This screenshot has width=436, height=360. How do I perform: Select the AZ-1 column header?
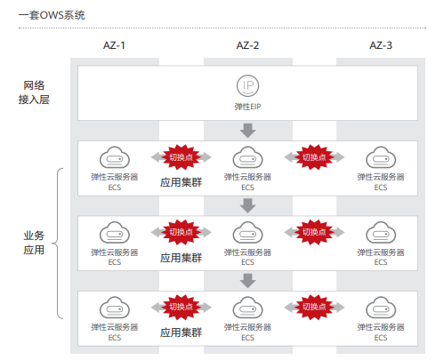click(114, 45)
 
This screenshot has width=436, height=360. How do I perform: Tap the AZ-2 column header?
click(247, 45)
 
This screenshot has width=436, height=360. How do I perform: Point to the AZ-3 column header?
click(380, 45)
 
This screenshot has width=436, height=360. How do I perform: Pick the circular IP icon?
click(247, 86)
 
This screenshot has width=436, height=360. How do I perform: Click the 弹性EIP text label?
click(247, 108)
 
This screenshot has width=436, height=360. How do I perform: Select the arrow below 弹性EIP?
click(247, 131)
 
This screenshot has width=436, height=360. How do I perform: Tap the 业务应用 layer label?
click(35, 242)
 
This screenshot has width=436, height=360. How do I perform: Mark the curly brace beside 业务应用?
click(61, 242)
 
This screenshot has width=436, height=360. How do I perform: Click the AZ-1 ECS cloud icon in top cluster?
click(114, 158)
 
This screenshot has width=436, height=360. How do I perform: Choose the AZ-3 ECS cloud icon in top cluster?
click(380, 158)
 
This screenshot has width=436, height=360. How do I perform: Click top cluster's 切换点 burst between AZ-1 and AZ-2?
click(181, 157)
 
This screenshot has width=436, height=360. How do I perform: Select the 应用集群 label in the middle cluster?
click(181, 259)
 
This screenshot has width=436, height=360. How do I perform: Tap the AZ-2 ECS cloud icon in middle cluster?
click(247, 233)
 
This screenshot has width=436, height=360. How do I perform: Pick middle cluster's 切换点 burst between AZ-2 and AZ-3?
click(314, 232)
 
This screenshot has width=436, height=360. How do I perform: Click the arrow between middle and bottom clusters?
click(247, 280)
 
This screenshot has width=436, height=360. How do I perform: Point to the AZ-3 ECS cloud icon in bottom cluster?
click(380, 308)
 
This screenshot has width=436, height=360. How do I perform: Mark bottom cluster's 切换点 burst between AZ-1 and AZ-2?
click(181, 308)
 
